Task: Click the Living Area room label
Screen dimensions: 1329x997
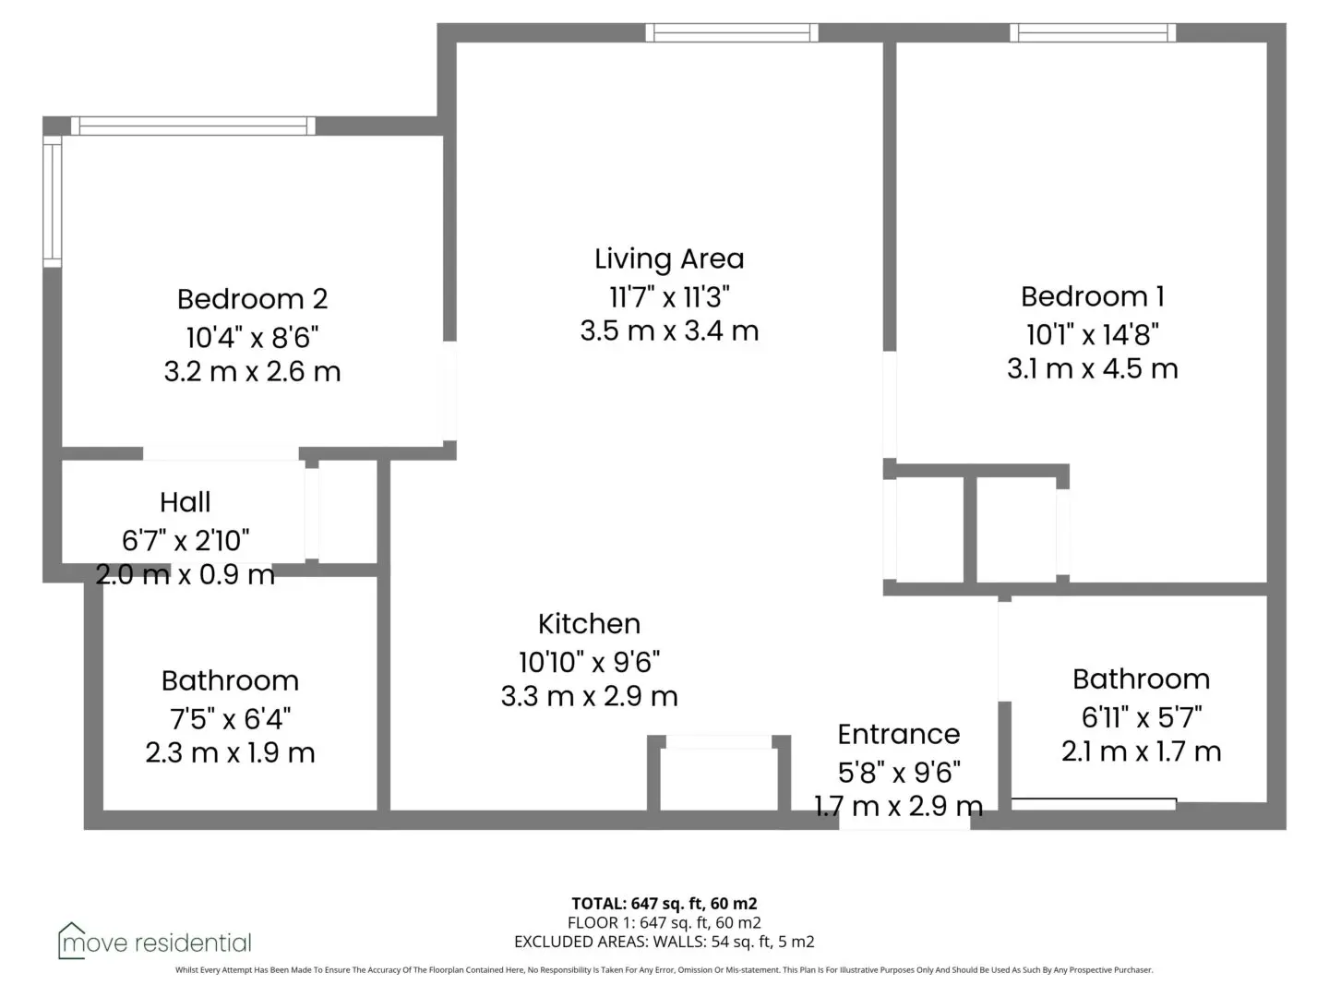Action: click(669, 259)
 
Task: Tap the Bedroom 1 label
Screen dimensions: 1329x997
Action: click(1092, 296)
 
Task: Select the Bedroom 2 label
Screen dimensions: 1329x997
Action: click(252, 299)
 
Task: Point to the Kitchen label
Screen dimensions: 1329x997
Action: click(589, 624)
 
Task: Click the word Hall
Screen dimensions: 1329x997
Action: click(186, 502)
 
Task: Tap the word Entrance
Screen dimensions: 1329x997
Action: click(899, 734)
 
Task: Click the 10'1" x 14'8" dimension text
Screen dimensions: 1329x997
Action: click(1092, 334)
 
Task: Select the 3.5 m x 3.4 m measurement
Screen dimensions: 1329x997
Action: click(669, 331)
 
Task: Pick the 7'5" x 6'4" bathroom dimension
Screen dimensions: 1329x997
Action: click(230, 719)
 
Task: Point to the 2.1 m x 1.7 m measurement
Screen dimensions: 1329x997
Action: click(1141, 751)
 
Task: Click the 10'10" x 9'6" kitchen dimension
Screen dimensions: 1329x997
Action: click(589, 662)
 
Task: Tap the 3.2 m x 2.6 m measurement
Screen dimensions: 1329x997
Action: click(252, 372)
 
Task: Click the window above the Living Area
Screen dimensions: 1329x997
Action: click(731, 32)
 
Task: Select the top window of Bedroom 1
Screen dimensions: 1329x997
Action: click(1092, 32)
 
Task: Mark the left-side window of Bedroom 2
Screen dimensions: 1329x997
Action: click(53, 201)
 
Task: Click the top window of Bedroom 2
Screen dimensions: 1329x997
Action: click(193, 126)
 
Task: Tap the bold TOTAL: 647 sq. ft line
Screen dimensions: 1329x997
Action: click(664, 904)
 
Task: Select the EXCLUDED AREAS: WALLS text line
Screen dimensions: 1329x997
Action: click(664, 942)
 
